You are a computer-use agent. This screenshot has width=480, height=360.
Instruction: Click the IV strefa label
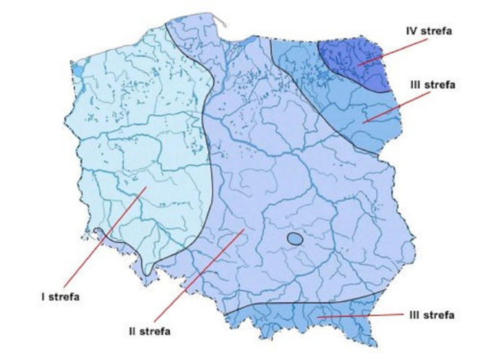(x=429, y=30)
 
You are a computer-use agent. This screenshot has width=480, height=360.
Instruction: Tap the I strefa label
(x=62, y=296)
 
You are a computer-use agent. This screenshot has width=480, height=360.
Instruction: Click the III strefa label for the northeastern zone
(x=432, y=85)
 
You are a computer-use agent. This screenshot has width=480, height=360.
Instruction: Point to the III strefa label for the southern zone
(x=430, y=315)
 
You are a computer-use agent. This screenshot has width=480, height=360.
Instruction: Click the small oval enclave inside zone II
(x=294, y=239)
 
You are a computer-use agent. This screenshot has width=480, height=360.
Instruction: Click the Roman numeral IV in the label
(x=412, y=30)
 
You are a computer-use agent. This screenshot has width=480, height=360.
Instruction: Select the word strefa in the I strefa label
(x=66, y=296)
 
